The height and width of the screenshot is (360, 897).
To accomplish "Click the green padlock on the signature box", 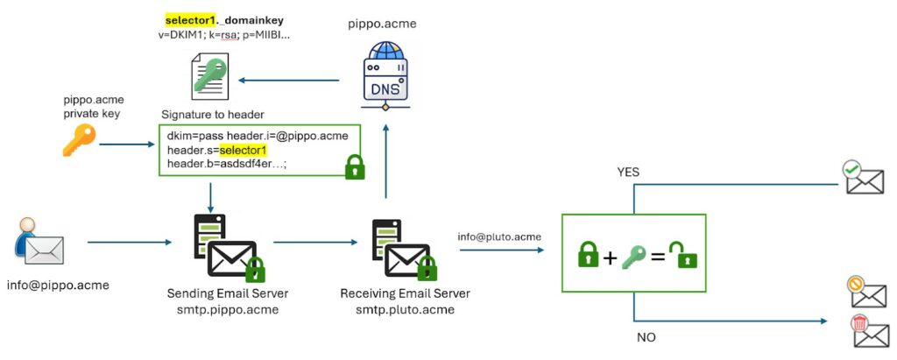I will (x=354, y=166).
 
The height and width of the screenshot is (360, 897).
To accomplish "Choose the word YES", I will (x=628, y=172).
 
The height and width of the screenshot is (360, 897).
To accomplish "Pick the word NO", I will (x=645, y=337).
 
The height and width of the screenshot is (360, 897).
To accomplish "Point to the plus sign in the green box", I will (x=611, y=257).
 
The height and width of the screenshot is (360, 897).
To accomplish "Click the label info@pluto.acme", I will (x=499, y=236).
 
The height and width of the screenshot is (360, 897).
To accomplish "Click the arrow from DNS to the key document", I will (x=290, y=81).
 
